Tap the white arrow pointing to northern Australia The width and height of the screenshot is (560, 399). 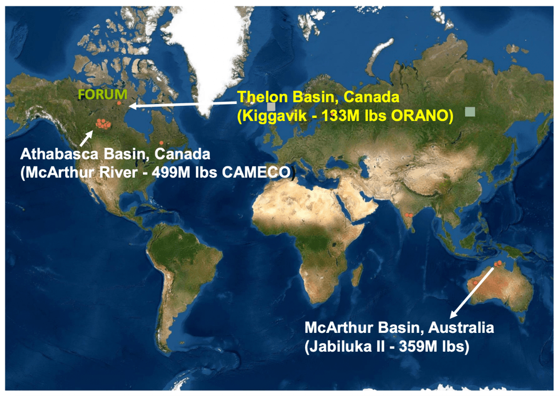[x=472, y=292]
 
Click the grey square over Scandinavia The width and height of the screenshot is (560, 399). [x=271, y=107]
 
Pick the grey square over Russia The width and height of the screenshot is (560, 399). [x=470, y=112]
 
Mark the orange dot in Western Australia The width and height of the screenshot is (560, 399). [x=474, y=283]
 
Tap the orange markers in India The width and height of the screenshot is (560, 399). [x=408, y=215]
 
